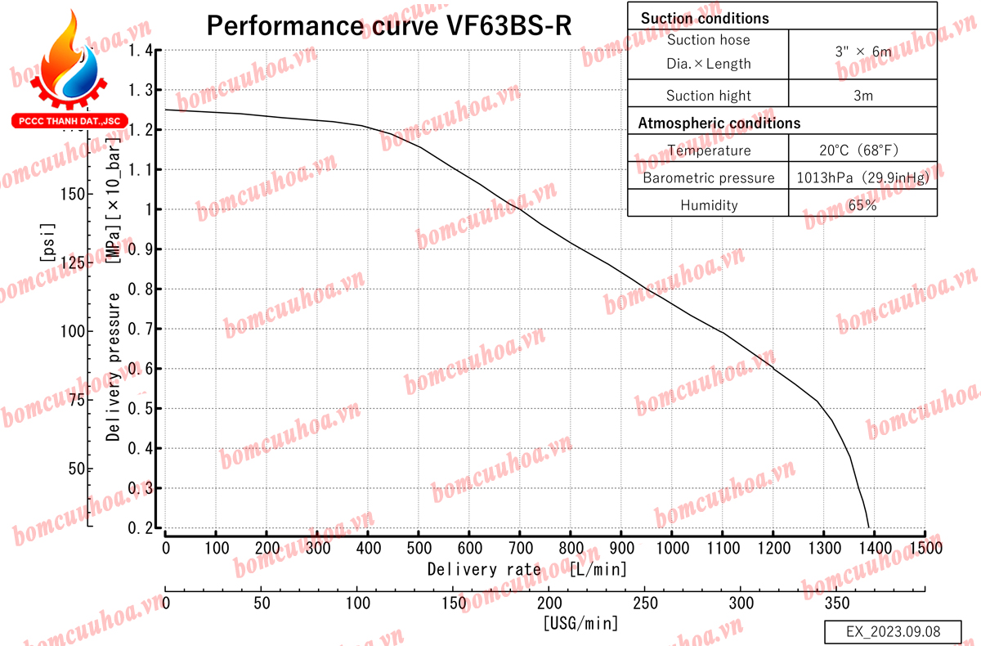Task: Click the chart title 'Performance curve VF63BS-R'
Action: click(x=388, y=25)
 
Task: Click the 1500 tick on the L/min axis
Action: click(x=925, y=546)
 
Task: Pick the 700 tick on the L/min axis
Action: click(x=520, y=546)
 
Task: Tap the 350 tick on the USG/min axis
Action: click(x=837, y=603)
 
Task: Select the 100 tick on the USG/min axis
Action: click(x=357, y=603)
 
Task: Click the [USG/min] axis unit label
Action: click(x=580, y=624)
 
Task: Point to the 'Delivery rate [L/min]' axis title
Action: click(x=526, y=568)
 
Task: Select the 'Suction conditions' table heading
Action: click(x=704, y=17)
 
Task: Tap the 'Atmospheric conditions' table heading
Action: click(x=719, y=123)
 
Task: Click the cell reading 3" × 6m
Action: click(x=863, y=51)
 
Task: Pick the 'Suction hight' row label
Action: click(x=708, y=96)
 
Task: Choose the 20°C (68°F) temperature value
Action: click(x=863, y=150)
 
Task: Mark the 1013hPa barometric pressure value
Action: click(x=863, y=178)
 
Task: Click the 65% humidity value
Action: click(x=863, y=205)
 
